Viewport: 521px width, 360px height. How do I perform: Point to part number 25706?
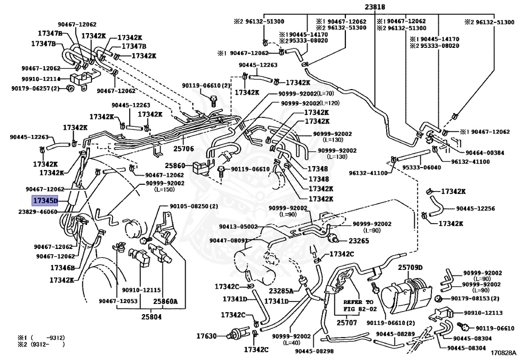coord(184,149)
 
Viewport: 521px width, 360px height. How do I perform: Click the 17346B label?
coord(63,267)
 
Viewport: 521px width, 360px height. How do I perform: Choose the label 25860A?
coord(166,301)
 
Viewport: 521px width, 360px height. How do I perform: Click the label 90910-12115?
coord(141,290)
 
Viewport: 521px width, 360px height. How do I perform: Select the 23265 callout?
coord(359,241)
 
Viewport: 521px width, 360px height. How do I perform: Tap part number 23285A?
coord(281,291)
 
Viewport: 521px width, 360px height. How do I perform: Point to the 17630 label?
coord(207,336)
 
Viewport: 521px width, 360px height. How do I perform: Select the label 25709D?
coord(411,267)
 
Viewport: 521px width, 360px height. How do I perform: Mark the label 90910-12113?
coord(482,313)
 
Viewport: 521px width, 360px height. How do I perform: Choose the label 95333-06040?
coord(420,168)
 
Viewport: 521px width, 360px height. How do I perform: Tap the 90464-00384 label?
coord(484,152)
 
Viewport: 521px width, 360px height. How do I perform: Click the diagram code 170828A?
coord(504,352)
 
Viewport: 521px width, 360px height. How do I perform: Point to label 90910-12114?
coord(41,79)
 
